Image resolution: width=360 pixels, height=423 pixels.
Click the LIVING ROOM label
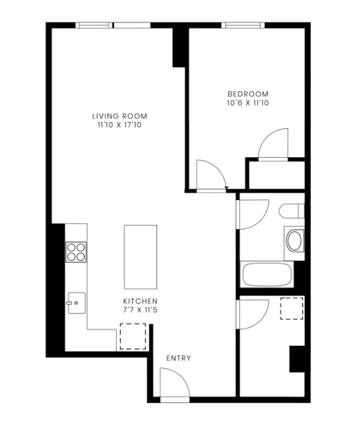coord(120,116)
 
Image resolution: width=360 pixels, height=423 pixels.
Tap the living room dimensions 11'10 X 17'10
coord(120,125)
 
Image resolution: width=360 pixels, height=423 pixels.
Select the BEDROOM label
coord(248,94)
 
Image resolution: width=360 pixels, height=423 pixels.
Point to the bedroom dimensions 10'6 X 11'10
coord(248,103)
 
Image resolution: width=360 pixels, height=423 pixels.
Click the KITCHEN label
coord(140,301)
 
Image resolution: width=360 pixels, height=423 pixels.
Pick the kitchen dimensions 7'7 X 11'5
coord(140,310)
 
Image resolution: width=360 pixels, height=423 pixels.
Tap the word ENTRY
coord(179,359)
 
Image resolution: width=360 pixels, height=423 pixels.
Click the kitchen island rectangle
coord(140,256)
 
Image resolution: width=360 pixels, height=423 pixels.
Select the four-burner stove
coord(77,251)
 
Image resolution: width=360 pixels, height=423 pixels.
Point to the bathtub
coord(267,275)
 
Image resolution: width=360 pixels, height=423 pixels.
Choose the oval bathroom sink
coord(294,240)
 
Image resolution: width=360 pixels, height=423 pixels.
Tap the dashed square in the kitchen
coord(132,336)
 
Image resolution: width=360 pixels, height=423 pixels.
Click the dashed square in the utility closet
coord(291,308)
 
